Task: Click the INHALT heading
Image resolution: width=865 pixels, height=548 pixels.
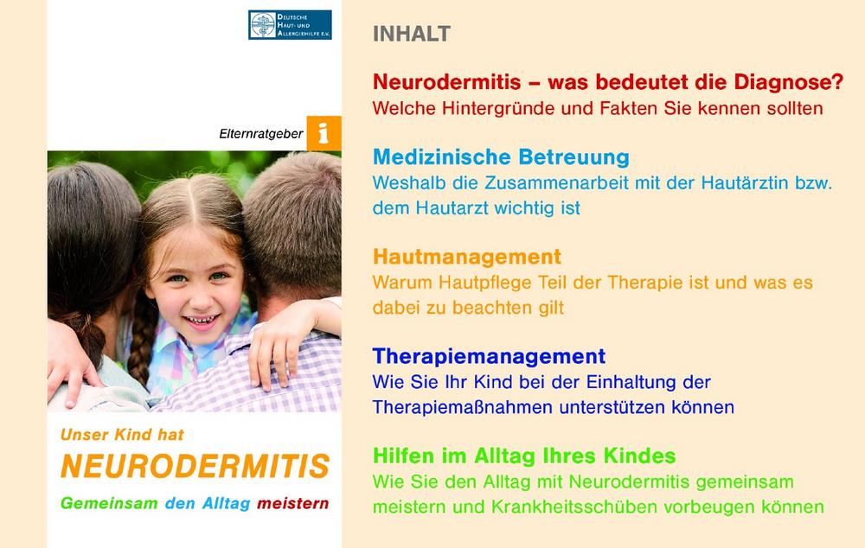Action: pyautogui.click(x=412, y=34)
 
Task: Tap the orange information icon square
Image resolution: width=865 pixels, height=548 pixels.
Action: pyautogui.click(x=324, y=133)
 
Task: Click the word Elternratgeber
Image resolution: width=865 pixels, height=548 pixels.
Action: pyautogui.click(x=261, y=134)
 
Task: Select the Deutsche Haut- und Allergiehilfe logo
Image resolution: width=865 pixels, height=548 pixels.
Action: pyautogui.click(x=290, y=25)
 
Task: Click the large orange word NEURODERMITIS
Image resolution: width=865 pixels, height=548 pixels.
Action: pyautogui.click(x=195, y=466)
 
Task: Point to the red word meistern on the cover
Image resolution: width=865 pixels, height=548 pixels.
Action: pyautogui.click(x=293, y=503)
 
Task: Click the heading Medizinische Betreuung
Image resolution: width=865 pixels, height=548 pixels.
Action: pyautogui.click(x=501, y=157)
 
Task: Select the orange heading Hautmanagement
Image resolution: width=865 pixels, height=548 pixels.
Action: pyautogui.click(x=467, y=257)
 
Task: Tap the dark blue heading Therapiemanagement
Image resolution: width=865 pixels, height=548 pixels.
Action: pyautogui.click(x=489, y=356)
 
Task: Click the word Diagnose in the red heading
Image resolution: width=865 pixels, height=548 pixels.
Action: pyautogui.click(x=789, y=82)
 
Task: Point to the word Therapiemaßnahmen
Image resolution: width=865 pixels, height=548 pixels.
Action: pyautogui.click(x=463, y=407)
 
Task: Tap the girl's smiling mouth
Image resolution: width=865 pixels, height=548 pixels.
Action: pyautogui.click(x=201, y=321)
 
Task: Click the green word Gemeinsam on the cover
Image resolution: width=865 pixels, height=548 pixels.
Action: pyautogui.click(x=109, y=503)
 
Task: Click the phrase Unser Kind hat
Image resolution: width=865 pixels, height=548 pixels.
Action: pyautogui.click(x=122, y=435)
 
